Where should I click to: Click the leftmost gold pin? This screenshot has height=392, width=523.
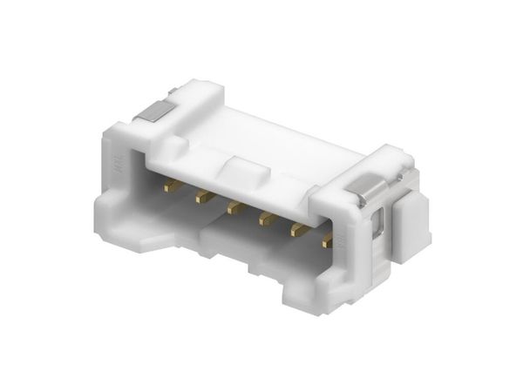pos(173,186)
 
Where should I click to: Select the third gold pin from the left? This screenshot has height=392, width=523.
pos(234,207)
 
